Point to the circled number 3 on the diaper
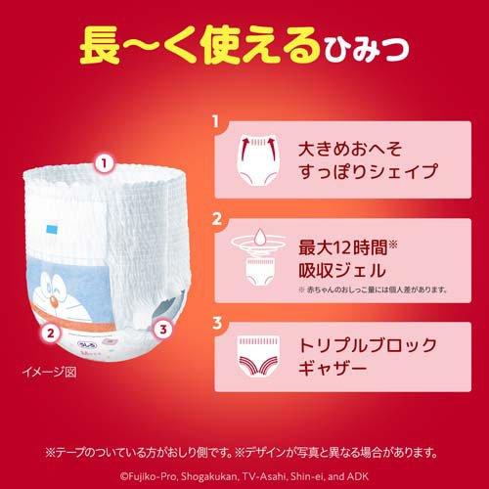tap(163, 330)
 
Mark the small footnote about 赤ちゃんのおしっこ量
tap(371, 290)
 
